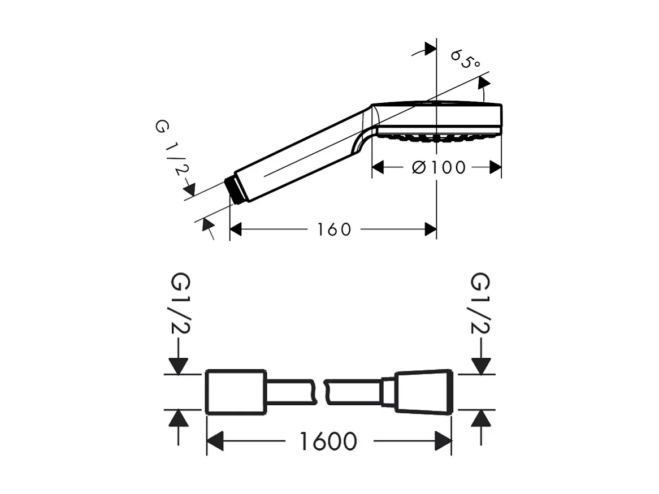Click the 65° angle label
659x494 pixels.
pyautogui.click(x=465, y=59)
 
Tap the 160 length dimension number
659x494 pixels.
pyautogui.click(x=334, y=229)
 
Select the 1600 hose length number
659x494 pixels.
pyautogui.click(x=328, y=441)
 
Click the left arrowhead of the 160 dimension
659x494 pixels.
pyautogui.click(x=236, y=229)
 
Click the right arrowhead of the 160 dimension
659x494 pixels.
pyautogui.click(x=430, y=229)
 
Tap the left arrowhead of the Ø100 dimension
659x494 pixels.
pyautogui.click(x=378, y=167)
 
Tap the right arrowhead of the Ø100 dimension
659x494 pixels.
pyautogui.click(x=495, y=167)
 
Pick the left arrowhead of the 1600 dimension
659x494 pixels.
pyautogui.click(x=215, y=441)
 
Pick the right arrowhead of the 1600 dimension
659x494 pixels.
pyautogui.click(x=444, y=441)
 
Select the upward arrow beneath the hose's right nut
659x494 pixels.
pyautogui.click(x=481, y=419)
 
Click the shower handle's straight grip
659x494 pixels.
pyautogui.click(x=300, y=155)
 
